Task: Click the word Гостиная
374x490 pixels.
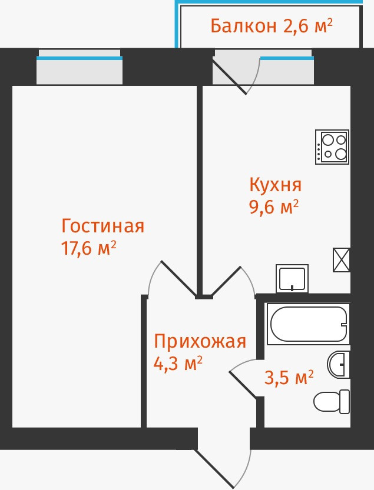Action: tap(103, 226)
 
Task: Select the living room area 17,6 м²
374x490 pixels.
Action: tap(88, 248)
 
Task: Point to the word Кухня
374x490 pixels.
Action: tap(276, 185)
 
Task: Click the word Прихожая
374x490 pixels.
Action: tap(199, 341)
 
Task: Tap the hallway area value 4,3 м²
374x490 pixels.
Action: tap(178, 363)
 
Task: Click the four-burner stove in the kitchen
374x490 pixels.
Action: tap(332, 146)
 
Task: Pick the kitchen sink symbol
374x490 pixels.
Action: tap(292, 278)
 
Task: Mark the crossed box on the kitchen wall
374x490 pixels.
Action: tap(342, 259)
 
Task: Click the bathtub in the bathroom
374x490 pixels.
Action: tap(307, 324)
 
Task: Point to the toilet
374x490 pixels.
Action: tap(333, 402)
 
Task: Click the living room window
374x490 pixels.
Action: tap(80, 68)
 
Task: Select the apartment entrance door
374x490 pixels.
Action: tap(224, 462)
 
